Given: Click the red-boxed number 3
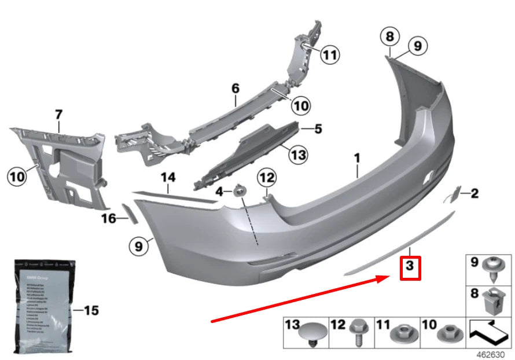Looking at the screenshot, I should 410,267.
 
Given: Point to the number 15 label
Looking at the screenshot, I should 91,311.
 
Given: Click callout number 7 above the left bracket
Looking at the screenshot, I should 58,115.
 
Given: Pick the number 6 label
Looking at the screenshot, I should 235,89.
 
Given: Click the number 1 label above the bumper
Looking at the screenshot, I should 357,157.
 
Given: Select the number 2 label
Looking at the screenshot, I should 474,193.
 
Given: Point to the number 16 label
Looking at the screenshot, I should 109,218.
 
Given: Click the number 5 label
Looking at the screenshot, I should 318,129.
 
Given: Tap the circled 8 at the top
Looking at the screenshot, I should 390,37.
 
